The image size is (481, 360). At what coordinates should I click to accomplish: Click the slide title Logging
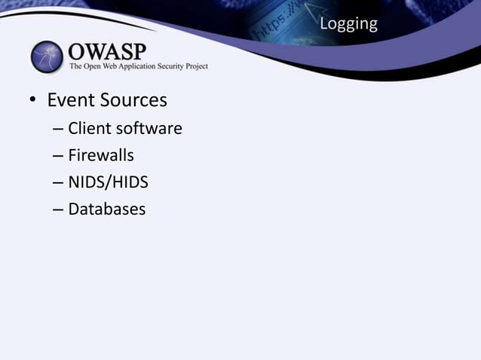[348, 24]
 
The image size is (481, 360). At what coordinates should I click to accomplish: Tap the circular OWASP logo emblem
[47, 58]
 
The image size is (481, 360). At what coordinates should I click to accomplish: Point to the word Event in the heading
[71, 100]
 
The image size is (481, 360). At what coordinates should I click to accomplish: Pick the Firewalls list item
[101, 156]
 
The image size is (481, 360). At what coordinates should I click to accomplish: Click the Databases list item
[106, 209]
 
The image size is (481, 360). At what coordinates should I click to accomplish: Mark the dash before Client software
[58, 130]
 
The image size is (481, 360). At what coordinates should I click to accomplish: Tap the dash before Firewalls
[58, 157]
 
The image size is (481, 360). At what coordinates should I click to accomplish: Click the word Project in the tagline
[195, 67]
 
